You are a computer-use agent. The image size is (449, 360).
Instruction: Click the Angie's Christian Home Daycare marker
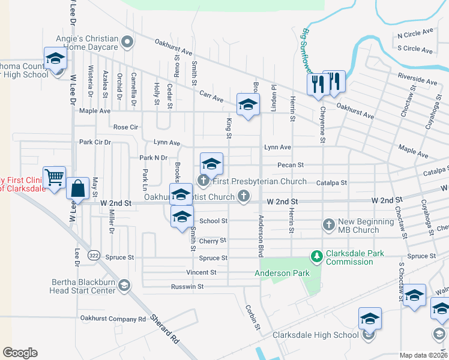pos(127,42)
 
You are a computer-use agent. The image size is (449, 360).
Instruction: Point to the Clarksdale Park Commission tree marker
pos(316,257)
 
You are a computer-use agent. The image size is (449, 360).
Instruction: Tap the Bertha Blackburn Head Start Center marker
pos(124,284)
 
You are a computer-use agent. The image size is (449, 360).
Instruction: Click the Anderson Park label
pos(282,273)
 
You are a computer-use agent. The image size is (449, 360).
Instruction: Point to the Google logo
pos(20,353)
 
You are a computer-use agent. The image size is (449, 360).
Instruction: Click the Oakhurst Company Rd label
pos(113,319)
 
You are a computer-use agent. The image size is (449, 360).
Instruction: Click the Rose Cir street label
pos(125,127)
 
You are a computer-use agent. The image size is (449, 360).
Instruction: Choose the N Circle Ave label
pos(415,33)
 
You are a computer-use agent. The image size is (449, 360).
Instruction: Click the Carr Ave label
pos(211,97)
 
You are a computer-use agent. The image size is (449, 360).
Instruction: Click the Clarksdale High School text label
pos(316,335)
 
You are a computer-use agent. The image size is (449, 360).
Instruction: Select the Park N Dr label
pos(153,158)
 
